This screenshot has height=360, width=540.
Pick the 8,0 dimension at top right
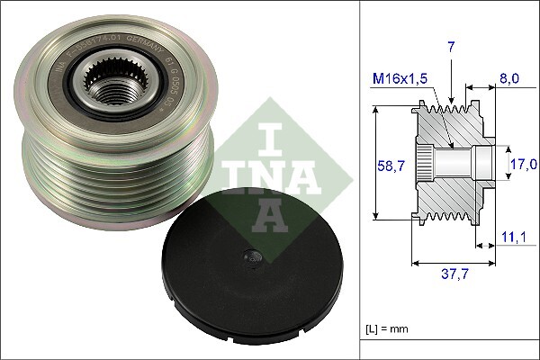pyautogui.click(x=509, y=80)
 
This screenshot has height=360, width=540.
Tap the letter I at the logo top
pyautogui.click(x=268, y=138)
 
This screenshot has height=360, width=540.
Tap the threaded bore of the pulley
pyautogui.click(x=112, y=92)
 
